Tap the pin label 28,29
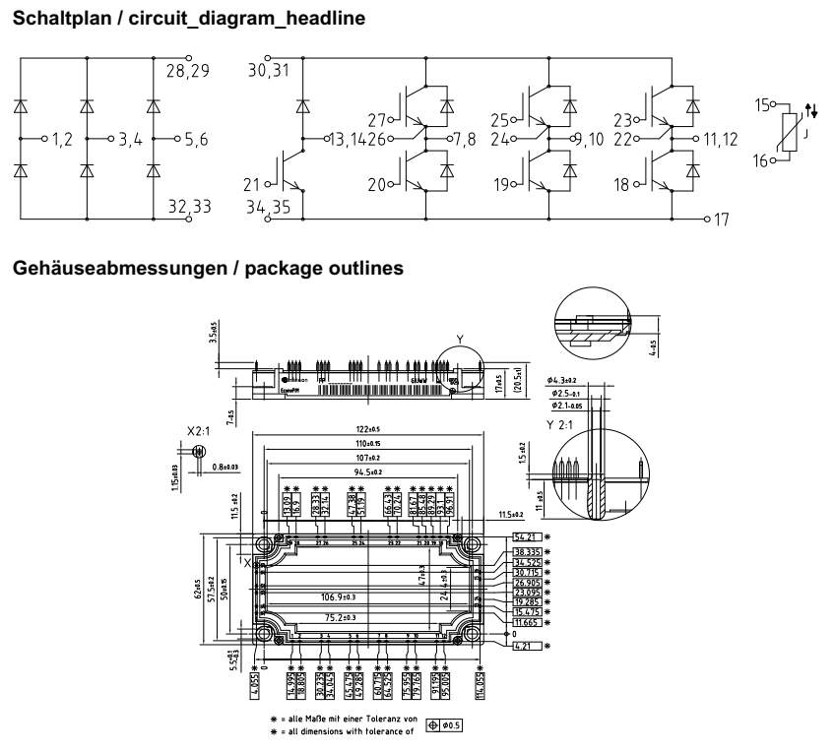[x=186, y=72]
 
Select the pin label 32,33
[x=188, y=208]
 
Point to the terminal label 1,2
[x=62, y=141]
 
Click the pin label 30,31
[x=269, y=72]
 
